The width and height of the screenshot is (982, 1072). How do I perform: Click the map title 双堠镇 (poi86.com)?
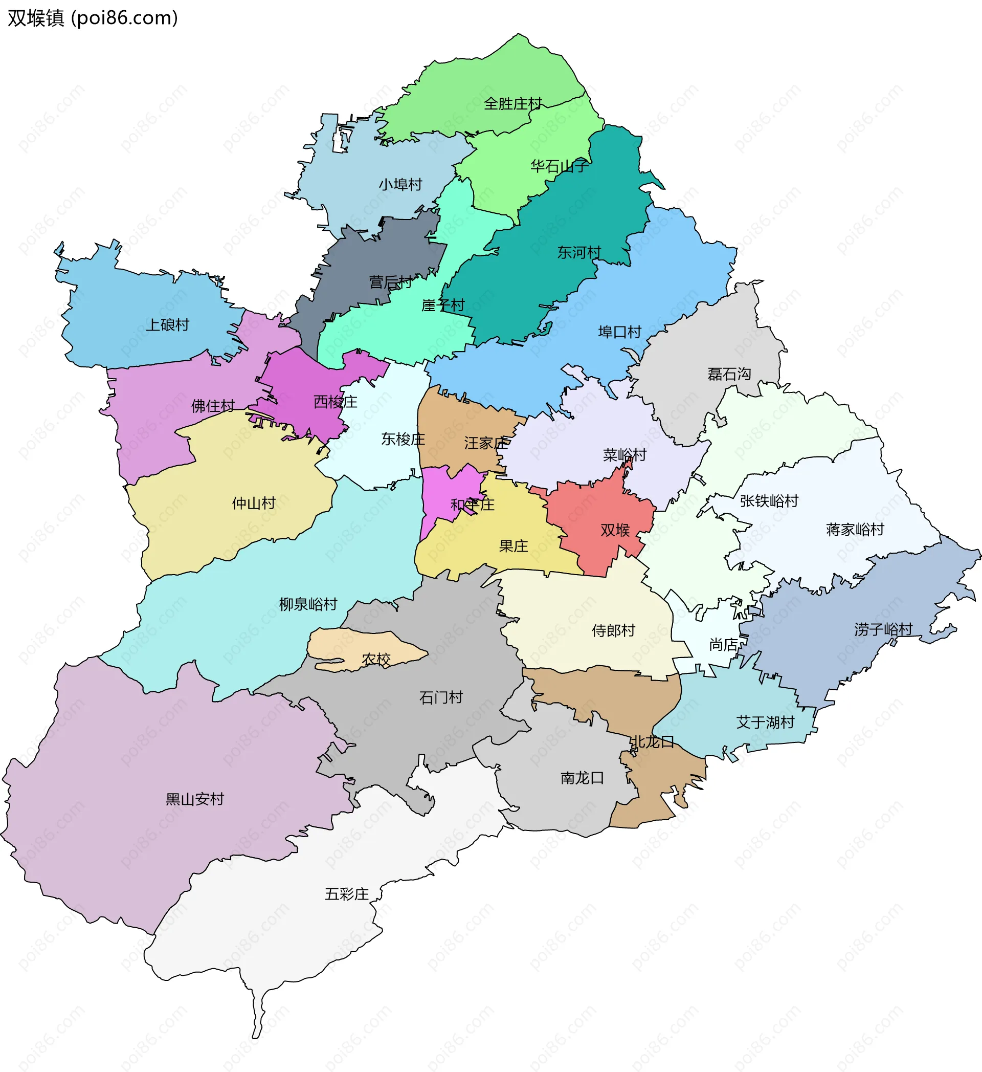(x=93, y=18)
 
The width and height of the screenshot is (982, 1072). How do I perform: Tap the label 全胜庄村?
(x=513, y=104)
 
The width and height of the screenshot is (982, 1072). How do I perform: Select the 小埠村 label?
(x=400, y=185)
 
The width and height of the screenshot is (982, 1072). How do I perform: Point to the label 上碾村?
(x=167, y=325)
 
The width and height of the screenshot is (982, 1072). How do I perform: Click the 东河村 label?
(x=578, y=253)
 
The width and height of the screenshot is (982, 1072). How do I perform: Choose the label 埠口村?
(x=619, y=332)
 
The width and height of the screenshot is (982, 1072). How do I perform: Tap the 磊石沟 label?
(x=729, y=375)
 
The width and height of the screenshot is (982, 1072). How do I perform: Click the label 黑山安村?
(x=194, y=799)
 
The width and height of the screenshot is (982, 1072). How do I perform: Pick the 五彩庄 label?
(x=346, y=894)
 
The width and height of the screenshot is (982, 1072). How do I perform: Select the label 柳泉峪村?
(x=308, y=604)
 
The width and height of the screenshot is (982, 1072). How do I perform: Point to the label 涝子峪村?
(x=883, y=629)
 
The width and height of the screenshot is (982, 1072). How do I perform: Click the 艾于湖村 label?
(x=765, y=722)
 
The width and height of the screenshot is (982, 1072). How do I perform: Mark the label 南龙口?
(x=583, y=778)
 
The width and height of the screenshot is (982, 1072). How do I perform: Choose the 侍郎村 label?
(x=613, y=630)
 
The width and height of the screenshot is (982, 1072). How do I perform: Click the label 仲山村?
(x=254, y=503)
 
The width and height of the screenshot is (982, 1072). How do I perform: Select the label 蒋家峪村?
(x=855, y=530)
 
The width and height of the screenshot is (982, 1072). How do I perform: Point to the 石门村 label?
(x=441, y=697)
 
